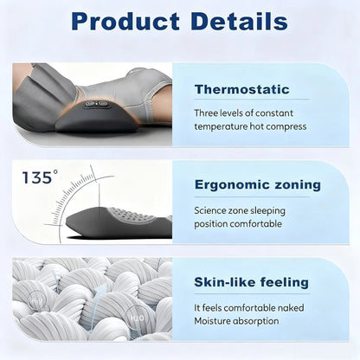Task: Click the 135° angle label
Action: click(x=40, y=178)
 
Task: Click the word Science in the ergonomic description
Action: click(x=212, y=209)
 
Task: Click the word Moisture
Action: click(x=216, y=320)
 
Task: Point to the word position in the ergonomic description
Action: click(x=213, y=222)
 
